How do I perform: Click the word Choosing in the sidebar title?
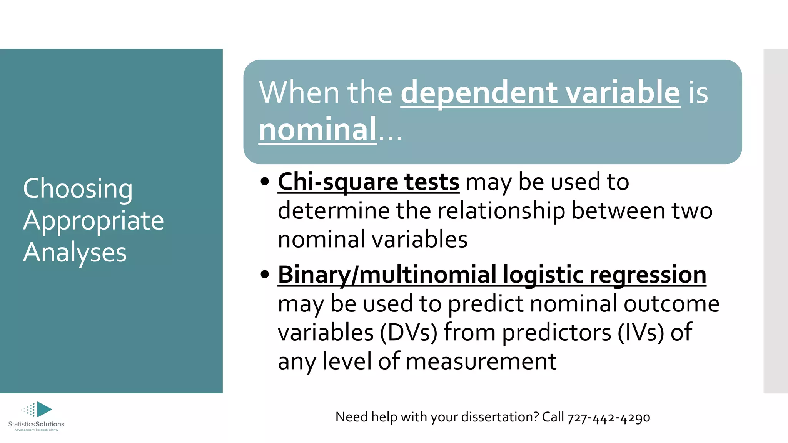pyautogui.click(x=78, y=189)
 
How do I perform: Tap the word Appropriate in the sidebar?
pyautogui.click(x=93, y=221)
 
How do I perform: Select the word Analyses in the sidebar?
pyautogui.click(x=75, y=253)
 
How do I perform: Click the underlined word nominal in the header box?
pyautogui.click(x=317, y=129)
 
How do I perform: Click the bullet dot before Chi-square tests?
pyautogui.click(x=264, y=182)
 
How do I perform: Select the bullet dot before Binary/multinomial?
pyautogui.click(x=264, y=275)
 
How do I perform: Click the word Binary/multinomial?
pyautogui.click(x=387, y=275)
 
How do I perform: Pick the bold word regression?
pyautogui.click(x=648, y=275)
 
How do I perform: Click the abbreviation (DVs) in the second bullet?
pyautogui.click(x=409, y=333)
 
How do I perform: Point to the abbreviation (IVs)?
pyautogui.click(x=641, y=333)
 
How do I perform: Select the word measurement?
pyautogui.click(x=481, y=361)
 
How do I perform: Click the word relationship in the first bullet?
pyautogui.click(x=501, y=211)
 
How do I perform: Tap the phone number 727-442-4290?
pyautogui.click(x=609, y=417)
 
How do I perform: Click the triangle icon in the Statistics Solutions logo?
pyautogui.click(x=44, y=409)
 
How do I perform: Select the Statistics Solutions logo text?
pyautogui.click(x=36, y=424)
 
